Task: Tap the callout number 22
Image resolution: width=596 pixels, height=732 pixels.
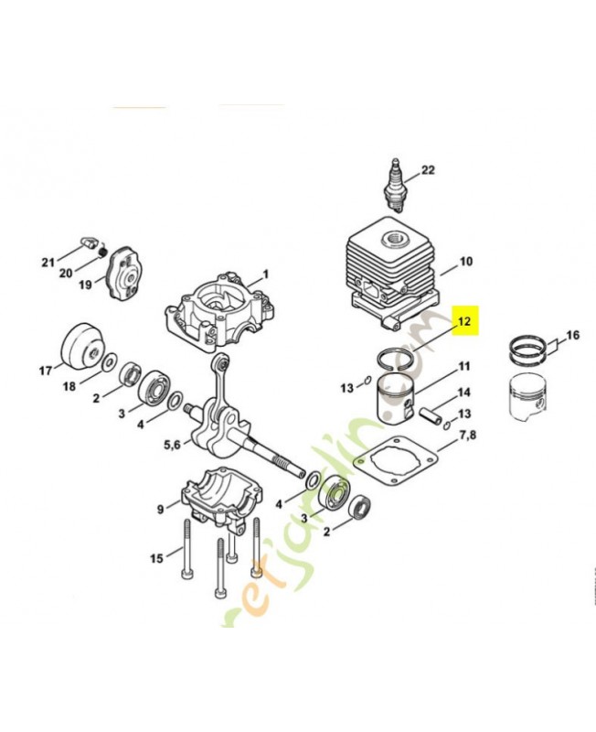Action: pyautogui.click(x=428, y=171)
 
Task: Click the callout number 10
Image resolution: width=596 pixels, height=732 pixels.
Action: pyautogui.click(x=465, y=262)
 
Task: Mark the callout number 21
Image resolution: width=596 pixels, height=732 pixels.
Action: pyautogui.click(x=48, y=263)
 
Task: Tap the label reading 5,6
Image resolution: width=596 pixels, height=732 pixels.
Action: pyautogui.click(x=173, y=446)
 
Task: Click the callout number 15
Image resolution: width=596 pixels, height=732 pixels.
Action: pyautogui.click(x=157, y=557)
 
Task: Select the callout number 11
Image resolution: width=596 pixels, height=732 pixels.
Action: pyautogui.click(x=464, y=367)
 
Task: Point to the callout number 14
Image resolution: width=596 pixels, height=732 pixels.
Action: pyautogui.click(x=464, y=393)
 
